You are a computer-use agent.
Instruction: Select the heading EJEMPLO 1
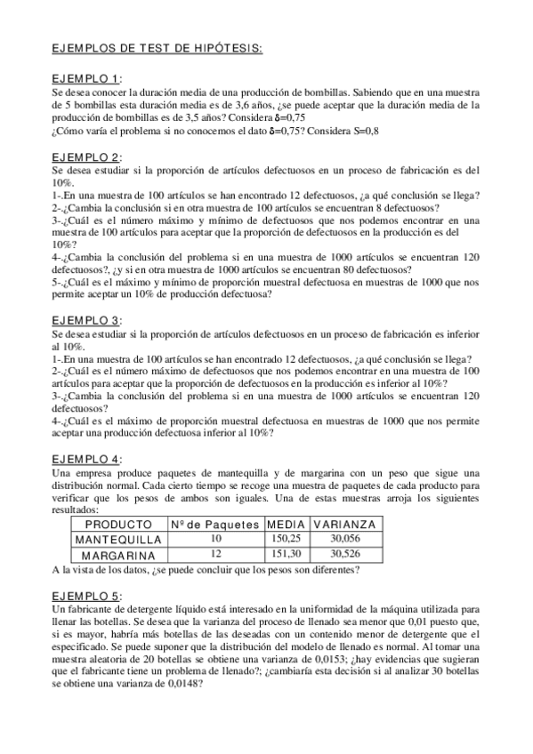point(87,79)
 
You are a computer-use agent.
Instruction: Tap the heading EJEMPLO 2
point(87,157)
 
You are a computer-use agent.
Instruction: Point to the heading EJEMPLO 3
point(87,320)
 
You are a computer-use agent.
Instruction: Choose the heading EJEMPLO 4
point(87,459)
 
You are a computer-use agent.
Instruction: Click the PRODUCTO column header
point(117,525)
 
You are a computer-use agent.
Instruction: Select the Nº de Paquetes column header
point(214,525)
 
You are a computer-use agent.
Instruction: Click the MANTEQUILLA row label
point(117,539)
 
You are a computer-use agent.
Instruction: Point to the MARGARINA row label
point(117,554)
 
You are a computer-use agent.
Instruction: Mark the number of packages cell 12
point(214,554)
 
